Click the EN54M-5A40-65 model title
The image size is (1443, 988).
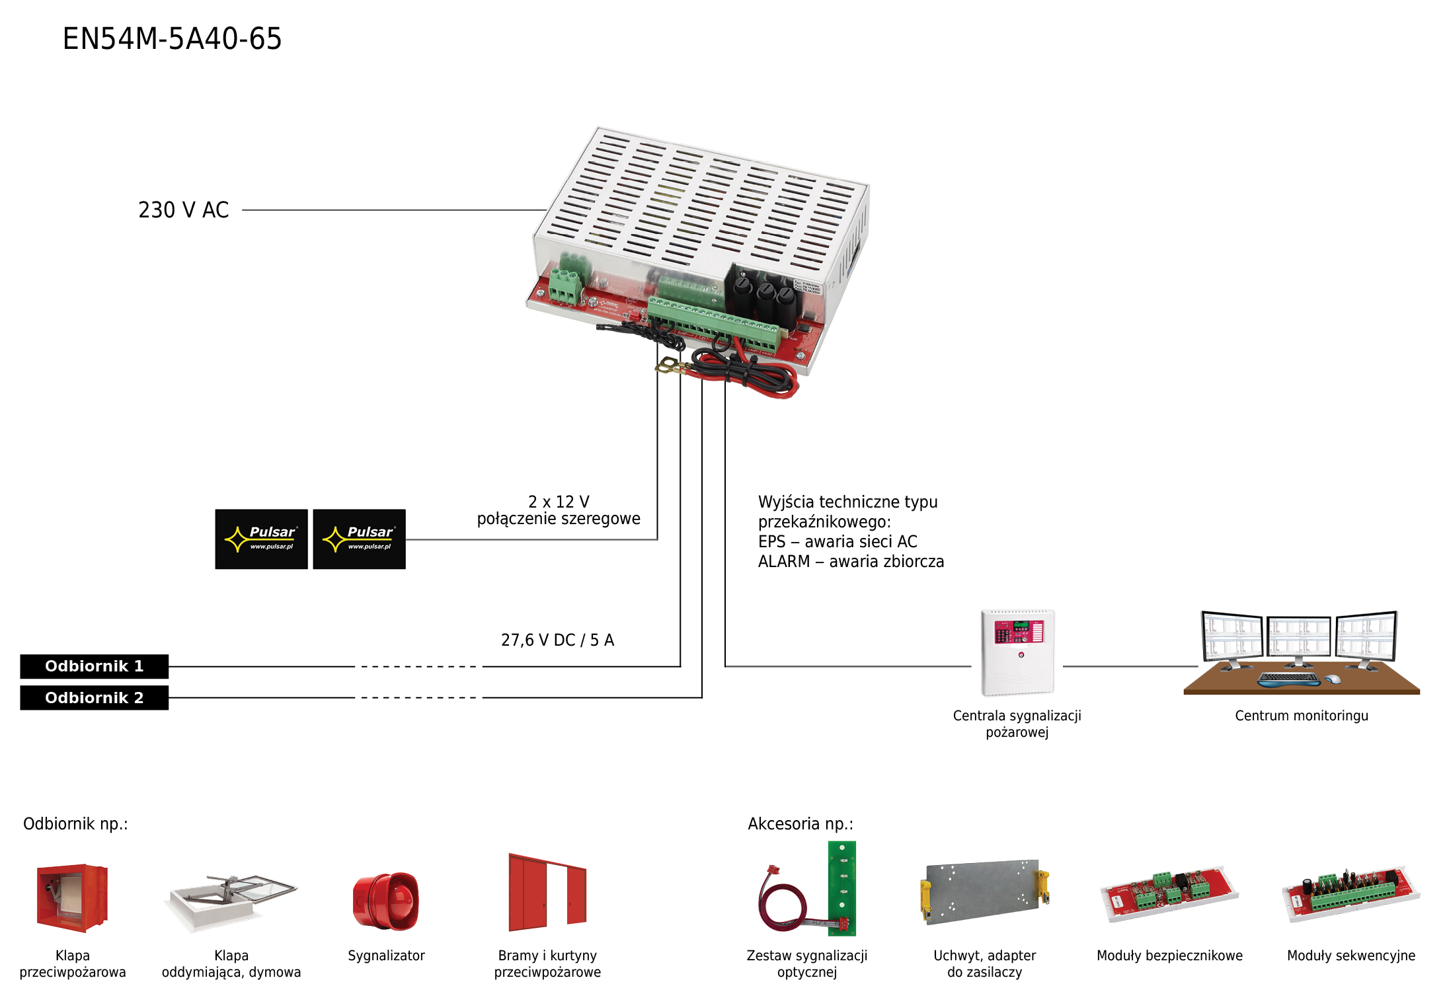172,38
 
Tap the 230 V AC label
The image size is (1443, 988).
183,210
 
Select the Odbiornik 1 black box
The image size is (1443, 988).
94,666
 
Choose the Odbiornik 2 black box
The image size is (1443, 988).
94,698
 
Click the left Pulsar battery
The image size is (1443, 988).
261,539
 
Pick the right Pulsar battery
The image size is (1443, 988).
359,539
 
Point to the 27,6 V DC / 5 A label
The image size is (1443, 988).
557,640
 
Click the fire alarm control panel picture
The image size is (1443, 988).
1017,652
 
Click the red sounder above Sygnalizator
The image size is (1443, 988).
386,901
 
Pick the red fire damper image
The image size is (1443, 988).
72,898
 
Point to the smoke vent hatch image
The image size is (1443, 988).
231,902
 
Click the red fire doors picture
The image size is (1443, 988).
547,892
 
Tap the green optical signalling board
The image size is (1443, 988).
841,888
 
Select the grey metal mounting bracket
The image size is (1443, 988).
984,892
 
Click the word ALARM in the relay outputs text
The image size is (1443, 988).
784,562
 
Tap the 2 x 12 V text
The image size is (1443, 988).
559,502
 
